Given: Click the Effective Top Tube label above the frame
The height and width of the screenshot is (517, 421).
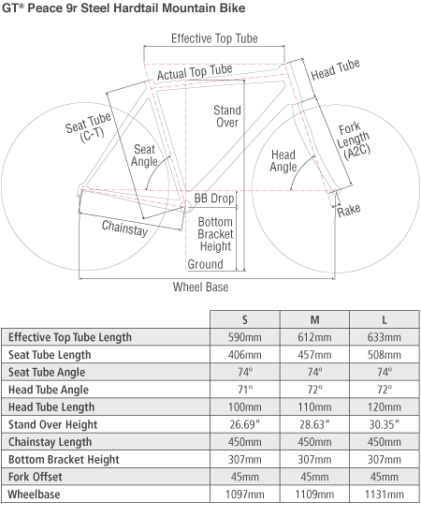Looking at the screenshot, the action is pos(214,38).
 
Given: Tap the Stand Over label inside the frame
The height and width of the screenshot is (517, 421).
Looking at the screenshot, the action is pos(227,116).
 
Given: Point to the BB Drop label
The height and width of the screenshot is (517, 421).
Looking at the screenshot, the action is pos(214,199).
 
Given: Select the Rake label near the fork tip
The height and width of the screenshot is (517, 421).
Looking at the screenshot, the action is pos(349,211).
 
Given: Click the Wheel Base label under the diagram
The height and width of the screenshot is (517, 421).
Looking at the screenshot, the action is pos(200,287).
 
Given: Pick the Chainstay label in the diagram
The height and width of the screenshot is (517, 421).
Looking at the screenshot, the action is pos(124,228).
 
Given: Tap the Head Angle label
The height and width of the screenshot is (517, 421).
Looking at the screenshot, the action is pos(283,161).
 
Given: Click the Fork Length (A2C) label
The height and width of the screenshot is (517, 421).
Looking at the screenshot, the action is pos(354,141).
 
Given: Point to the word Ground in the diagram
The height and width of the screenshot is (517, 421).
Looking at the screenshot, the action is pos(205,264).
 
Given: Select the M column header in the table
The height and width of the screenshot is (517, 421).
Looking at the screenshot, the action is pos(314,319).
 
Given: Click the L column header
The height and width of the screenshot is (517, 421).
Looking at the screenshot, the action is pos(385,319).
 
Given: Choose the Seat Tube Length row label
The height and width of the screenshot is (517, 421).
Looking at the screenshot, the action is pos(50,355).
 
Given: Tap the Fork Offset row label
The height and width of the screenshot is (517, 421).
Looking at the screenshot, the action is pos(36,477).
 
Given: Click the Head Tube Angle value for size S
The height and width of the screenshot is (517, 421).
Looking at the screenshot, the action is pos(245,390).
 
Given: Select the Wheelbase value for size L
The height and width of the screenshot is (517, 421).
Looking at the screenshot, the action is pos(385,495).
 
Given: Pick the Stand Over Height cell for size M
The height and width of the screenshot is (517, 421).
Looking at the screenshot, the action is pos(314,424).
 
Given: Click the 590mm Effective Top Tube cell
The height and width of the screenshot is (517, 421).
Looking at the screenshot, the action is pos(245,337).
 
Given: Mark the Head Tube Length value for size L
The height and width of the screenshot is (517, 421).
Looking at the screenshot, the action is pos(385,407).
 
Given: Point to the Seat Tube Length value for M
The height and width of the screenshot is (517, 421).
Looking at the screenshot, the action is pos(314,355).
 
